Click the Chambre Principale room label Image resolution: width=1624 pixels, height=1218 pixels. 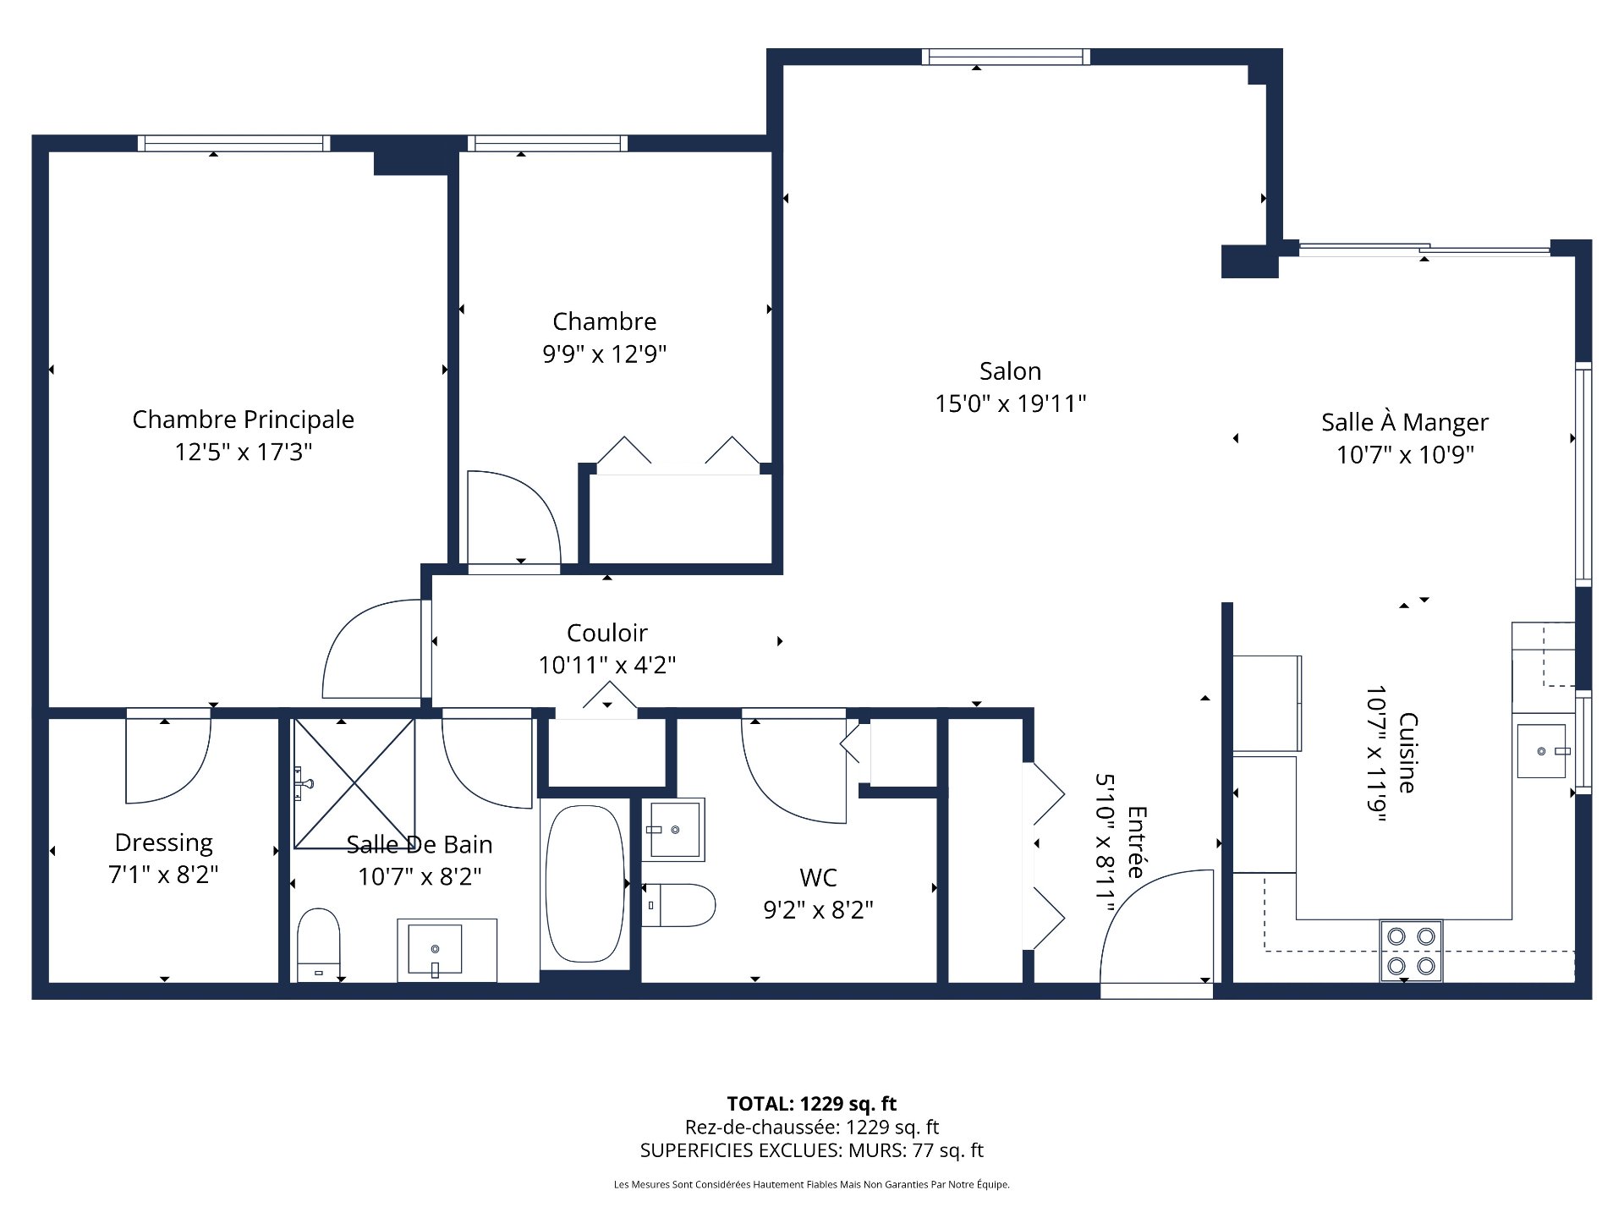(x=243, y=420)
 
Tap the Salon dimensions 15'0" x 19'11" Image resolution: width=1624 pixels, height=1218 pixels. (x=1010, y=403)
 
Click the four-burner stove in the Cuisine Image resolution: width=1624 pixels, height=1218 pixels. (x=1411, y=951)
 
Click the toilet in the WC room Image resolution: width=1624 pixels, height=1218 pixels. (x=678, y=904)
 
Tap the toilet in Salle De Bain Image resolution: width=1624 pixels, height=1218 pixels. (x=319, y=944)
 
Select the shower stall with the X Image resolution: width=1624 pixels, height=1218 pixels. (x=354, y=783)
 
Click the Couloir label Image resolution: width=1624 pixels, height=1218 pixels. (x=606, y=633)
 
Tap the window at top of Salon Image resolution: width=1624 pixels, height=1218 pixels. (x=1005, y=57)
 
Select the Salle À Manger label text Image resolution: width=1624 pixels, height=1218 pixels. (x=1404, y=422)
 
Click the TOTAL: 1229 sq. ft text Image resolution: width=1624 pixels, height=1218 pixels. (x=811, y=1104)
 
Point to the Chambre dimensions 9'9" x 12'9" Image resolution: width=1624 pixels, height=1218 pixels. (x=604, y=354)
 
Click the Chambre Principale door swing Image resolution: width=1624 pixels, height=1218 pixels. (x=372, y=650)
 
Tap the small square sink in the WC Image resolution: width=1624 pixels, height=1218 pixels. (x=674, y=830)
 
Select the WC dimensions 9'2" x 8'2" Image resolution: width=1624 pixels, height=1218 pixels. (x=818, y=910)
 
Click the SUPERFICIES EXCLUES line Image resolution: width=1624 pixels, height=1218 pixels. (x=811, y=1150)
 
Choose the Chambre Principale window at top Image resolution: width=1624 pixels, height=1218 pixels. (x=233, y=143)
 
